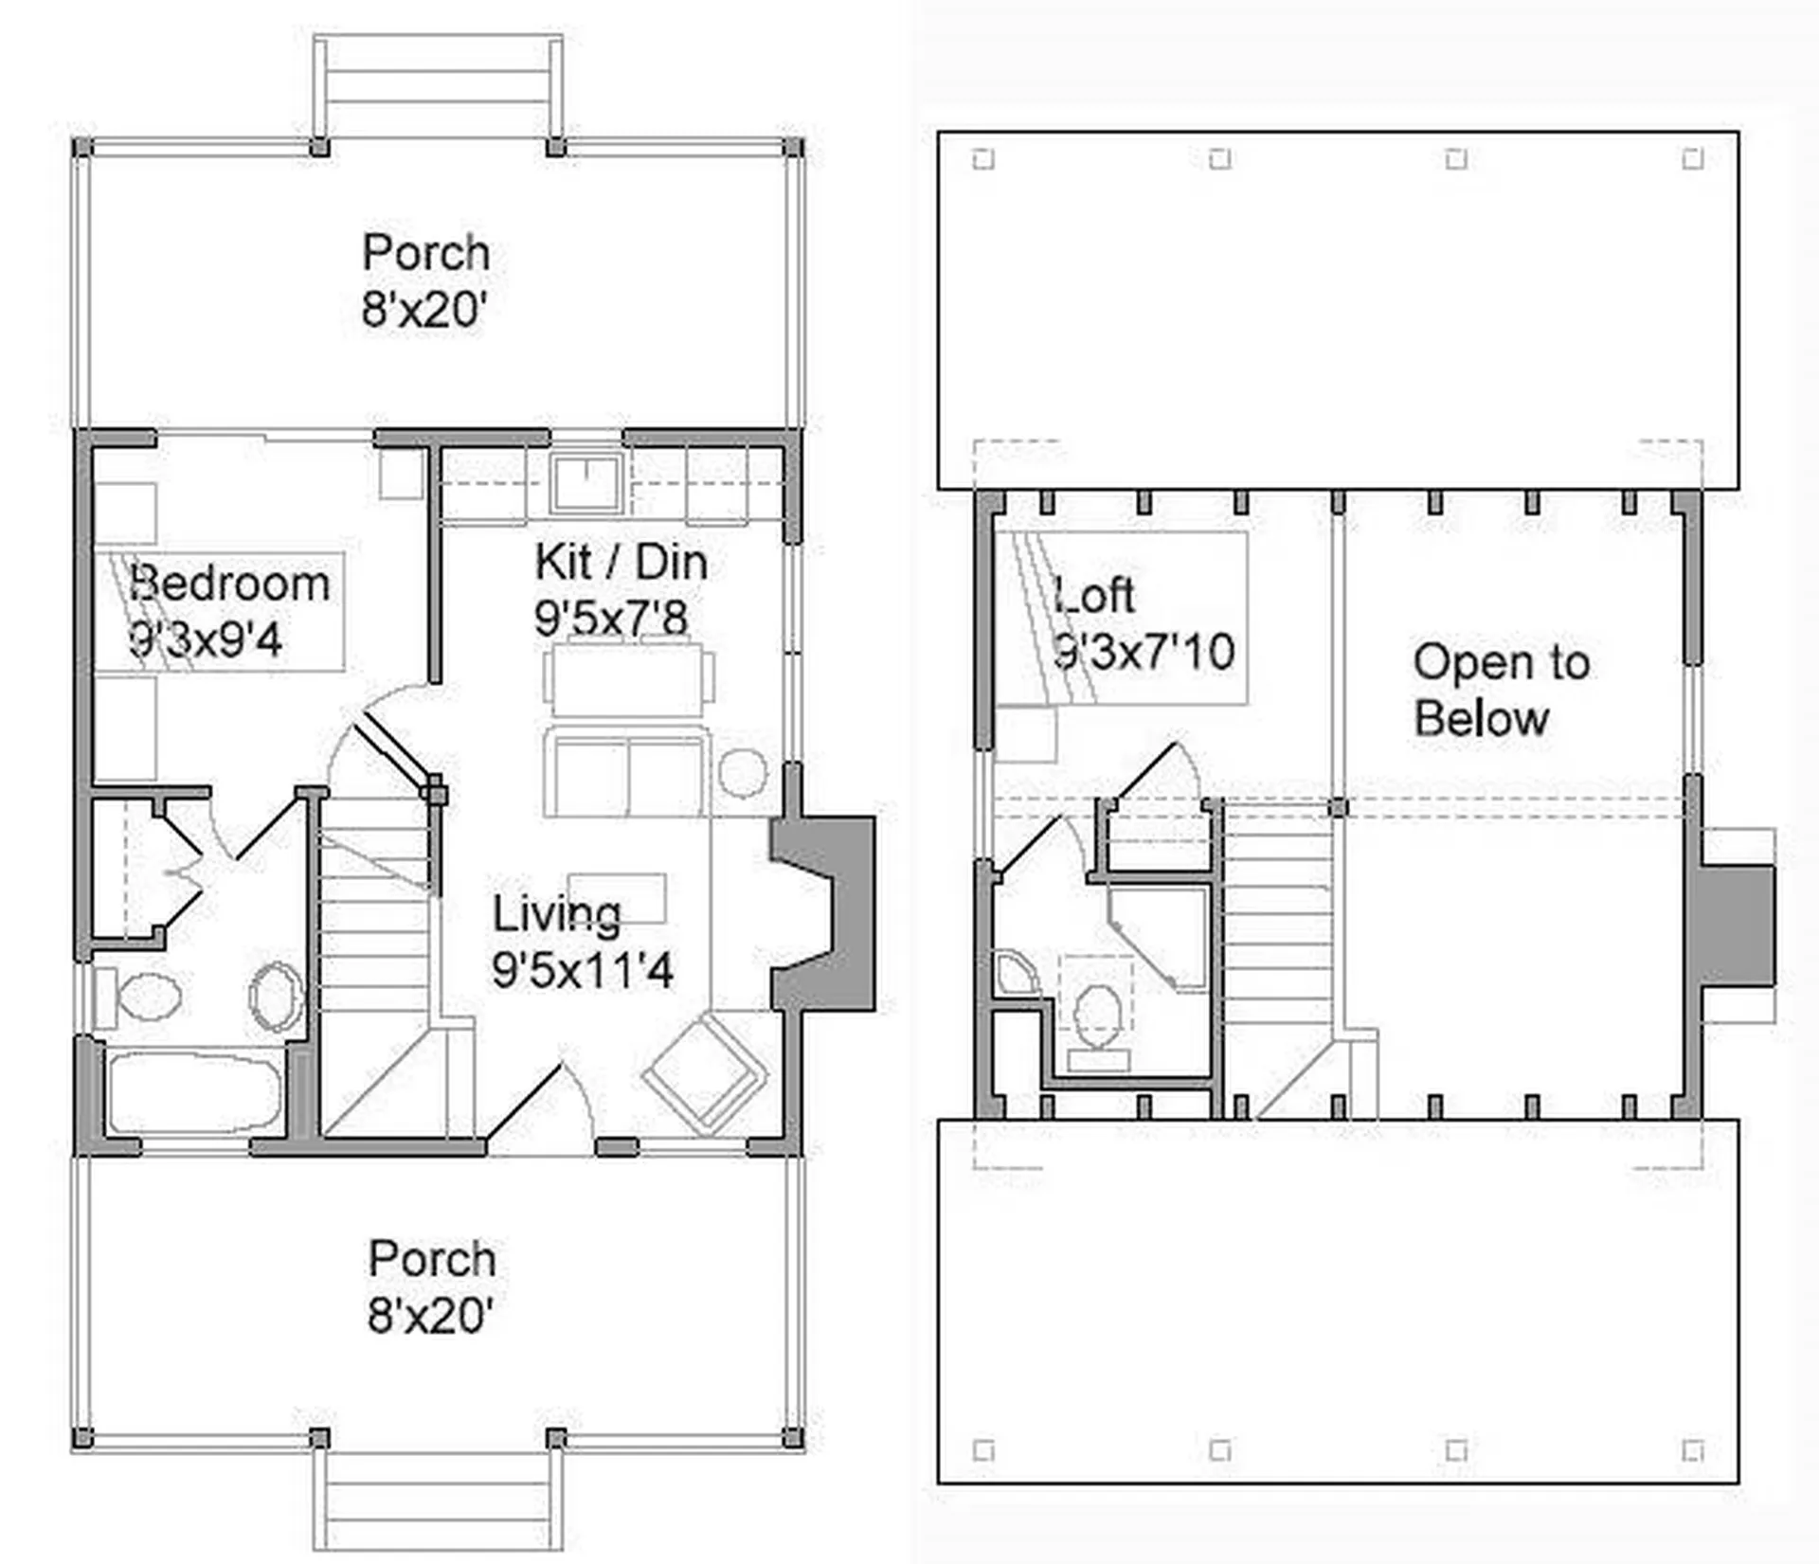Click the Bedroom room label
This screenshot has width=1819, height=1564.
point(230,584)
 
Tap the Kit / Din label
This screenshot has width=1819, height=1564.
point(621,563)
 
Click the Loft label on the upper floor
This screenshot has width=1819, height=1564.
point(1095,595)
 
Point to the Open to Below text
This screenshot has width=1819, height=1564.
point(1502,691)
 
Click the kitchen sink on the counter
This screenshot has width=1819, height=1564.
point(587,483)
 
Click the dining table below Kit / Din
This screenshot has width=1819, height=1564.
point(628,678)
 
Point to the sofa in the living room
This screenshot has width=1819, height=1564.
point(626,773)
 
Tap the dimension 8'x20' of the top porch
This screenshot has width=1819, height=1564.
point(423,309)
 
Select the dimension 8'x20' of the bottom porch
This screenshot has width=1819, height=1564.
point(429,1315)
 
